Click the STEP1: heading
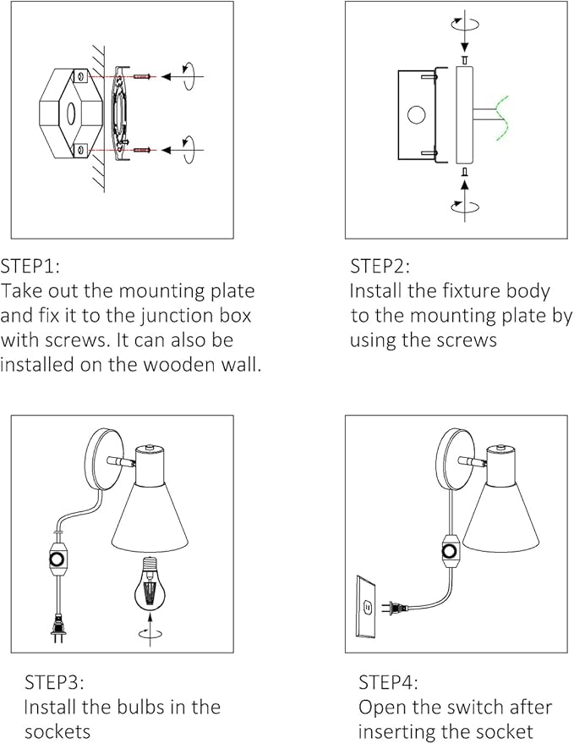pyautogui.click(x=30, y=267)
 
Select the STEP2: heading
pyautogui.click(x=380, y=267)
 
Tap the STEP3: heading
pyautogui.click(x=54, y=682)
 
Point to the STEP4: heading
pyautogui.click(x=388, y=682)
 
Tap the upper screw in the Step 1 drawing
pyautogui.click(x=141, y=77)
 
